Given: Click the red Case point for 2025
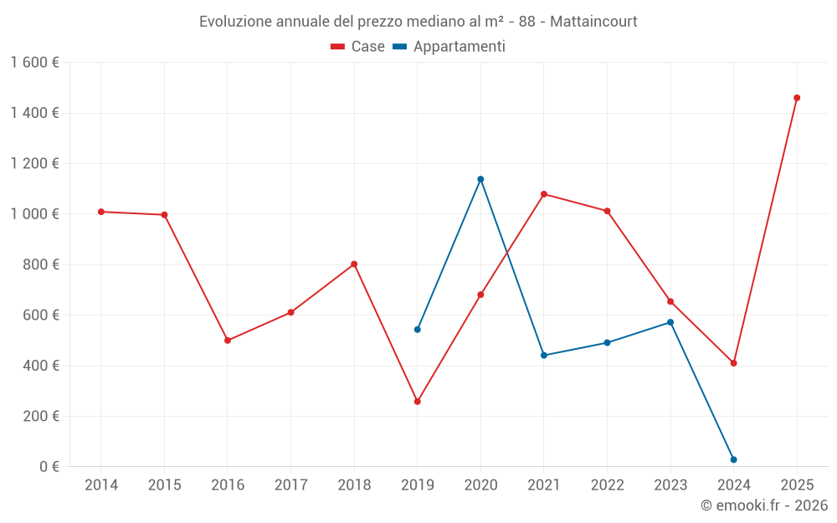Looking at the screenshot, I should (797, 98).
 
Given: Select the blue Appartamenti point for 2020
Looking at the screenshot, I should (480, 179).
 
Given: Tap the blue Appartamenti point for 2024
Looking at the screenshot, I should (734, 459).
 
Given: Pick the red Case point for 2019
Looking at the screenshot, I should (418, 402).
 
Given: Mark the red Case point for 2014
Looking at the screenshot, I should (101, 212).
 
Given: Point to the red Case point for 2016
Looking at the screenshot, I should (228, 341).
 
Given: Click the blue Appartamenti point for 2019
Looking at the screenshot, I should (418, 330).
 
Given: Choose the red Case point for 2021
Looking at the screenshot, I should (544, 194).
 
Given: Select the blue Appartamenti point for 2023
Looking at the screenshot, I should (670, 322).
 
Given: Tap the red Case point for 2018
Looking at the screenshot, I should (354, 264).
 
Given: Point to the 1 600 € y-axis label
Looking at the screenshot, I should (34, 63).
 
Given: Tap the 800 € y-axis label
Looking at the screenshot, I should (39, 264).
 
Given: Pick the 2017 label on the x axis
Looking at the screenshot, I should (290, 485).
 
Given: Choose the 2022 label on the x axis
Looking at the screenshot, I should (607, 485).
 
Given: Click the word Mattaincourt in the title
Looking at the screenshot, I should (593, 22).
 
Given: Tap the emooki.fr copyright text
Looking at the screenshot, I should (764, 505).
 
